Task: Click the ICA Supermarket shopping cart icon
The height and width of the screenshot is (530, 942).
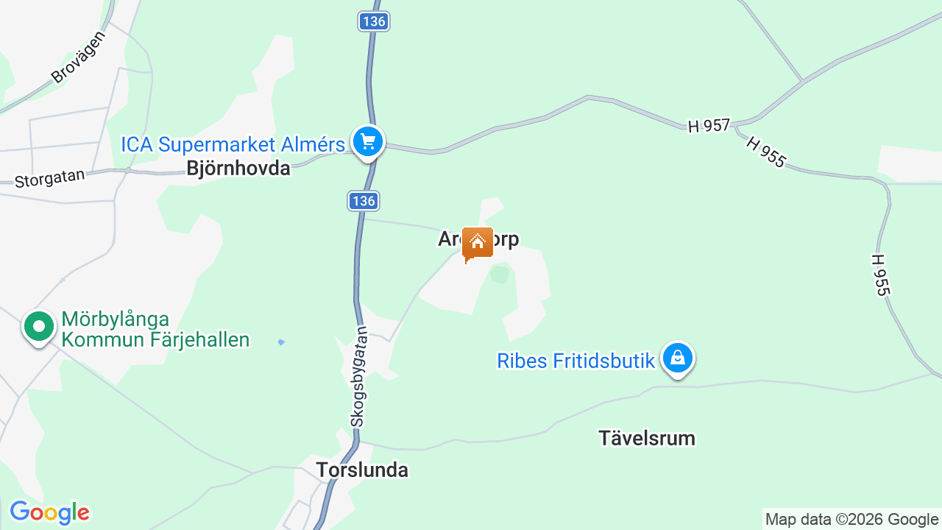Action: point(369,141)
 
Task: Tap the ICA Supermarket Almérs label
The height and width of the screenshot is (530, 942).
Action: point(233,144)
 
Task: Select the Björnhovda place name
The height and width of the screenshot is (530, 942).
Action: point(238,169)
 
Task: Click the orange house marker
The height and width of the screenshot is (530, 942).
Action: point(477,242)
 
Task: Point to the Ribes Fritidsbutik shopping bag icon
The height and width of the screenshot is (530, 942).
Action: point(677,358)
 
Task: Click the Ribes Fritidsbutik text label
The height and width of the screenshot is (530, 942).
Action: point(576,361)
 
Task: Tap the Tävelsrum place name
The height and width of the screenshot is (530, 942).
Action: point(646,439)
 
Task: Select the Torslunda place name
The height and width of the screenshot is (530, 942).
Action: point(362,470)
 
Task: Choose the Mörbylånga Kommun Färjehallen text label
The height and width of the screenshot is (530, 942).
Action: point(155,329)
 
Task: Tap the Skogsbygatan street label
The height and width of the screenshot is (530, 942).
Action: point(358,376)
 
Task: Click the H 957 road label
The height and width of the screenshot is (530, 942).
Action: point(709,126)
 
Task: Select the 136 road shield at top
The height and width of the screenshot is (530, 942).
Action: point(374,21)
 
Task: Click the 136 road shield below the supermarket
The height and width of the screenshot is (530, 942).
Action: point(364,200)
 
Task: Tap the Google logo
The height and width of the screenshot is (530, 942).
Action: point(49,512)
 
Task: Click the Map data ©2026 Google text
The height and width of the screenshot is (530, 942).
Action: point(851,519)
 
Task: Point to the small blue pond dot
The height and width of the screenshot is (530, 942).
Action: point(280,342)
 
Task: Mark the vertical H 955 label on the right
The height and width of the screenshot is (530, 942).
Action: point(879,275)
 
